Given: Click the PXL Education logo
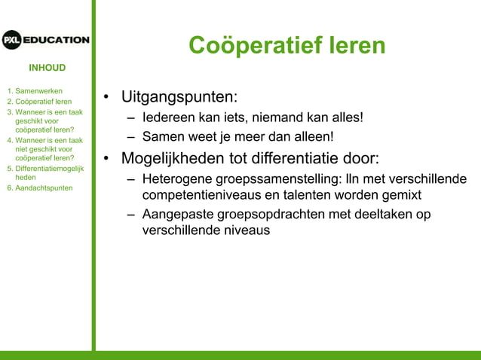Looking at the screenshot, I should [x=45, y=40].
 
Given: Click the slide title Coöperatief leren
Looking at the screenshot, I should [x=286, y=45].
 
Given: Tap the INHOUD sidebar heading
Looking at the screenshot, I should [x=47, y=68].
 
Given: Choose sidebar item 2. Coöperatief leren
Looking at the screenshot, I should [x=39, y=102].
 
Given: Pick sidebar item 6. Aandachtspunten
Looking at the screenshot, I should [x=39, y=188].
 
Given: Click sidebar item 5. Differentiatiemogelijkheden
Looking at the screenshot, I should [x=45, y=172].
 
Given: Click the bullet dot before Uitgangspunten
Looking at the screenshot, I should [x=108, y=98].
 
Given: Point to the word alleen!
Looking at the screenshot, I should [x=310, y=137].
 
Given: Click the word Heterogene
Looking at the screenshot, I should [x=176, y=180].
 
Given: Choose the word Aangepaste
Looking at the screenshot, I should [x=176, y=215].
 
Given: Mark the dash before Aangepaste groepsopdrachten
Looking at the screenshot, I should [x=132, y=215].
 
